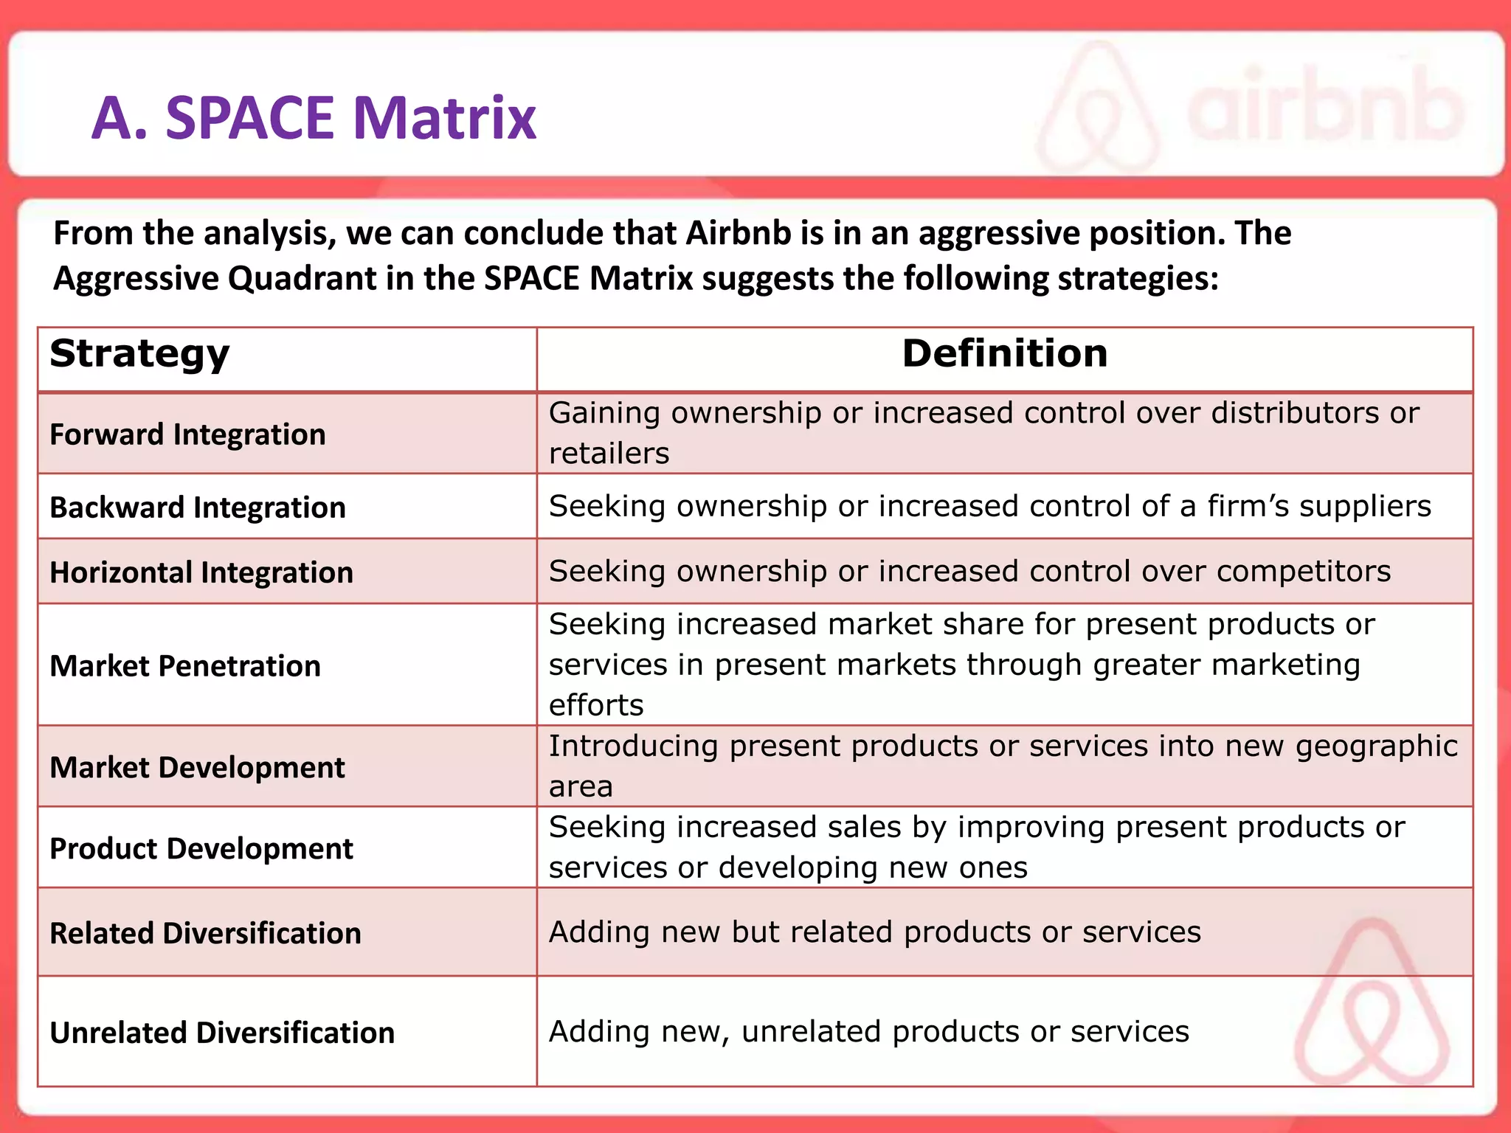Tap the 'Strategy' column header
coord(139,354)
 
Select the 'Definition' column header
coord(1004,354)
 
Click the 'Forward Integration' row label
coord(187,434)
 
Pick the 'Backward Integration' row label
coord(198,507)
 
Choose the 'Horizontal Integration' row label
coord(201,572)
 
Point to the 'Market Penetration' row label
coord(185,666)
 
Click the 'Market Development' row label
coord(197,768)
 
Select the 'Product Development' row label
coord(201,849)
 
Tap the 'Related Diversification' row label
coord(205,934)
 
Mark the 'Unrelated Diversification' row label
coord(222,1033)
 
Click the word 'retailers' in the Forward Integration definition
coord(609,454)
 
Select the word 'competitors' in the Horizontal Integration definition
coord(1304,572)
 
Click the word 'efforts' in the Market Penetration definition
coord(596,706)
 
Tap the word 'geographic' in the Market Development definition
coord(1376,746)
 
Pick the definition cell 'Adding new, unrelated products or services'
coord(868,1032)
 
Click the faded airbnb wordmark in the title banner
coord(1324,111)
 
